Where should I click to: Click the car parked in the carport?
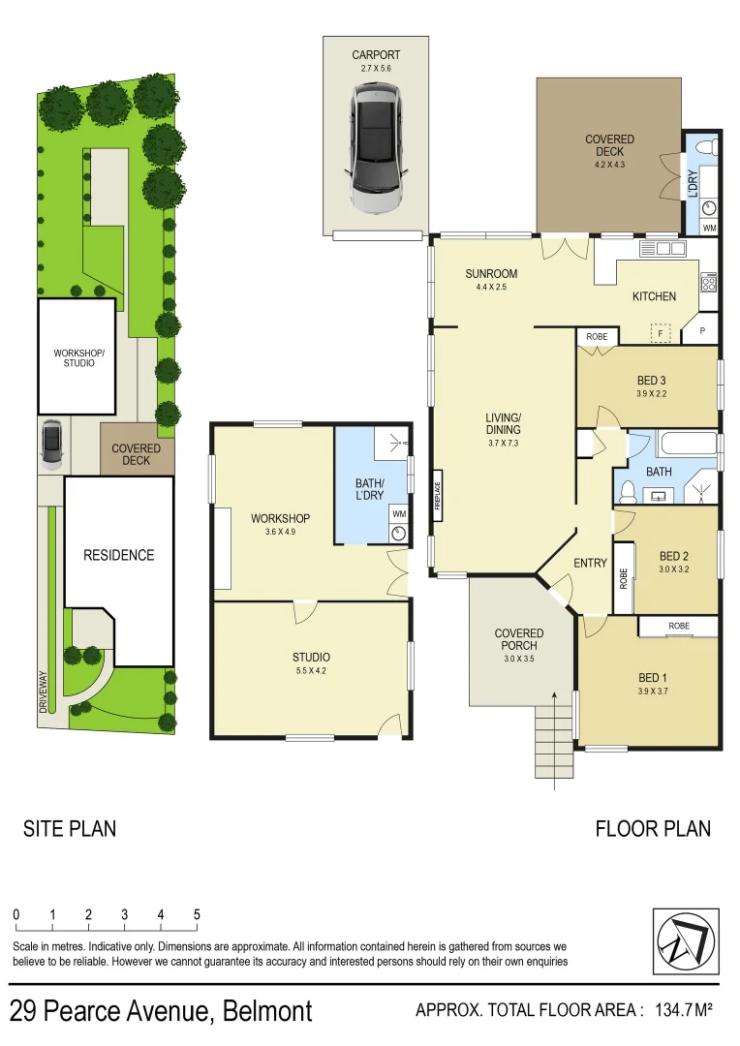tap(376, 148)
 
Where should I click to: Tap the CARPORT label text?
tap(376, 55)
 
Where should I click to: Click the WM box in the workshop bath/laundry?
tap(399, 513)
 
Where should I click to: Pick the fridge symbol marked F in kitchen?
tap(662, 331)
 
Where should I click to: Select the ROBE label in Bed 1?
tap(679, 627)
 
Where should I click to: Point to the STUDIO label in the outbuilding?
tap(311, 658)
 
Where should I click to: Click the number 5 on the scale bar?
tap(197, 914)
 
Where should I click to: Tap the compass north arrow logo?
tap(686, 941)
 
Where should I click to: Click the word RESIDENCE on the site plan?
tap(118, 555)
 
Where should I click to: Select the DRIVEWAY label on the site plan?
tap(44, 693)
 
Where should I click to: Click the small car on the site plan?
tap(51, 445)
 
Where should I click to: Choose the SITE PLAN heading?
tap(70, 828)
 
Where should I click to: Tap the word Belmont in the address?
tap(268, 1012)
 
